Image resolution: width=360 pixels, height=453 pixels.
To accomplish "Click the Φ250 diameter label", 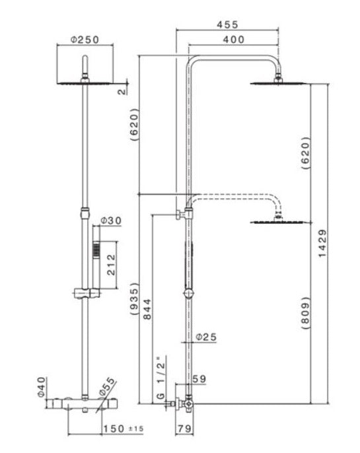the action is click(85, 40).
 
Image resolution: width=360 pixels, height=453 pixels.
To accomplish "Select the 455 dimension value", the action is click(228, 24).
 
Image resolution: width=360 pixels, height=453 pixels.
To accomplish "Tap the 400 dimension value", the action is click(233, 40).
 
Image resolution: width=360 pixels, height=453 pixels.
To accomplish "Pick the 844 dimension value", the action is click(147, 309).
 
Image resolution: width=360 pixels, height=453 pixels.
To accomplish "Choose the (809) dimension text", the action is click(305, 313).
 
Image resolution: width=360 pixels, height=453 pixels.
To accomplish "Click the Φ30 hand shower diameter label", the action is click(111, 221).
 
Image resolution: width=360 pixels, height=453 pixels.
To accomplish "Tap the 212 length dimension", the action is click(111, 265).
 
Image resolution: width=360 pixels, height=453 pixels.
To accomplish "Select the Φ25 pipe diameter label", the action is click(206, 337).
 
